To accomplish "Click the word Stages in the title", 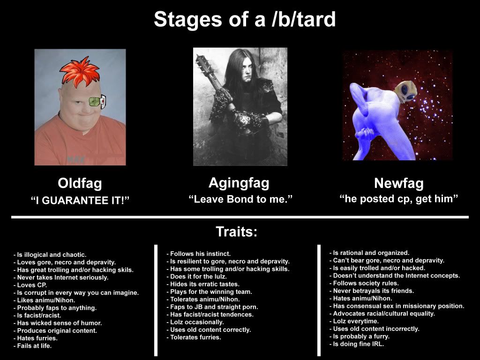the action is [x=188, y=20].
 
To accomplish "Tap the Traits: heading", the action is [x=237, y=232].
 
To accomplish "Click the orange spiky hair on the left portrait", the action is [x=80, y=72].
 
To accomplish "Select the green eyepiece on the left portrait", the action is [x=97, y=102].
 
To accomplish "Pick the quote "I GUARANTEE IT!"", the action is [x=80, y=201].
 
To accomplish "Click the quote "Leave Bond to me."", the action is [x=240, y=199].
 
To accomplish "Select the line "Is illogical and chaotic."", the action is [x=50, y=255].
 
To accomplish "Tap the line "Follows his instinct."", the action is [x=198, y=254].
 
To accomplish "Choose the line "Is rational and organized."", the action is [x=369, y=253].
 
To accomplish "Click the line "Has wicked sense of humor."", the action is [x=58, y=323].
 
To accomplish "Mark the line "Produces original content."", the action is [x=55, y=330].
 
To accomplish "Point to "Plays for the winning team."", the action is [x=209, y=292].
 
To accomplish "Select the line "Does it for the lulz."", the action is [x=196, y=277].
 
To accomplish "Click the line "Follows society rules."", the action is [x=364, y=283].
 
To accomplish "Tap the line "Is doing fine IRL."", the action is [x=357, y=344].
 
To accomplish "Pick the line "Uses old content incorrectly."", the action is [x=375, y=329].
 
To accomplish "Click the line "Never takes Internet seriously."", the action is [x=61, y=277].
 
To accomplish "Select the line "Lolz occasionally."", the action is [x=195, y=322].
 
